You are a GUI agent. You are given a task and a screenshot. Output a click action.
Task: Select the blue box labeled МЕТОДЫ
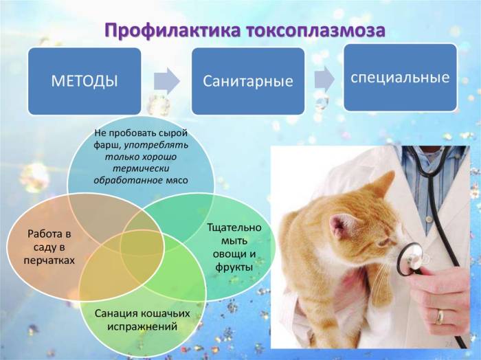pos(85,80)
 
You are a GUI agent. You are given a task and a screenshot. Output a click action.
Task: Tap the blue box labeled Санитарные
pos(248,81)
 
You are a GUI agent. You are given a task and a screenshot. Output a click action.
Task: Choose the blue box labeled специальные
pos(400,76)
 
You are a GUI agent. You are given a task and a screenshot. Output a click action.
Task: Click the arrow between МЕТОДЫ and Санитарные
pos(166,81)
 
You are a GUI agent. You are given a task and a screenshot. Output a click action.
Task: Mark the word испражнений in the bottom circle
pos(144,327)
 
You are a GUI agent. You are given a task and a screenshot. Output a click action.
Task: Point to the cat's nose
pos(393,258)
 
